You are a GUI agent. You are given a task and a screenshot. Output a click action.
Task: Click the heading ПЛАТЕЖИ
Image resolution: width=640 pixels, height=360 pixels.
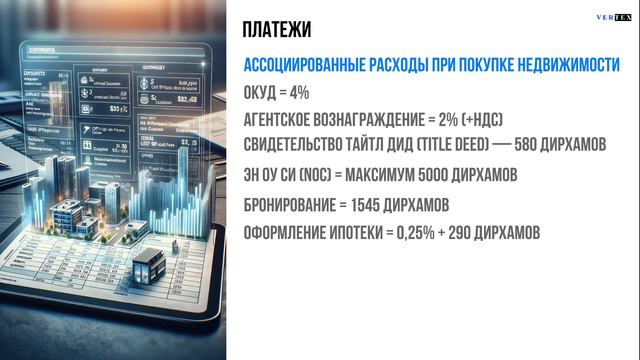click(x=277, y=29)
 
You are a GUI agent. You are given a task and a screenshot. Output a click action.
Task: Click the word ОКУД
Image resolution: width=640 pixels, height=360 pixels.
click(x=260, y=92)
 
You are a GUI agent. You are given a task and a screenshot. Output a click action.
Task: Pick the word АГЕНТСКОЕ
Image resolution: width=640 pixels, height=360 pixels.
click(x=281, y=120)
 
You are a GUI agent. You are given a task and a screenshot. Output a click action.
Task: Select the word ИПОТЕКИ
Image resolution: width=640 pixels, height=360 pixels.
click(x=365, y=232)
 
